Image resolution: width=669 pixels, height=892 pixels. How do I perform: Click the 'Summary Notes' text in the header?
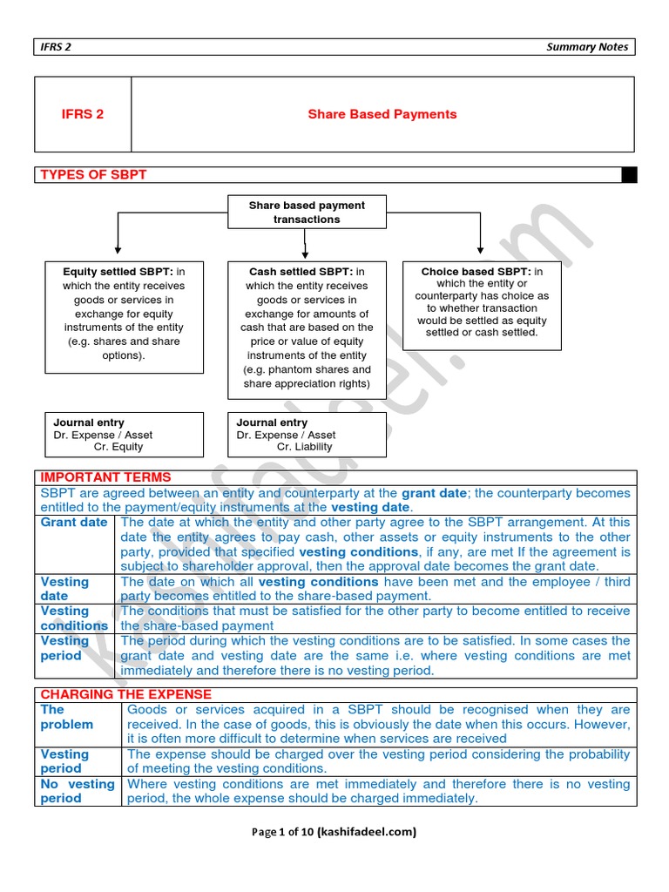pos(586,47)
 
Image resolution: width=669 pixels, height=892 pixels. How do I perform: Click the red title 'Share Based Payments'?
pos(382,114)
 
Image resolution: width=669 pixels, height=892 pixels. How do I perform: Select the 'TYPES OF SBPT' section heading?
pos(93,175)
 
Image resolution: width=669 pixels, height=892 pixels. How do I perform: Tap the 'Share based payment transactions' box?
pos(307,213)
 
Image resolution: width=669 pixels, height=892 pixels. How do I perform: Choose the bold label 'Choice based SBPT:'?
pos(476,272)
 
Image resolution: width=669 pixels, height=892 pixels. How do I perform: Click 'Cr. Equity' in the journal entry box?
pos(118,447)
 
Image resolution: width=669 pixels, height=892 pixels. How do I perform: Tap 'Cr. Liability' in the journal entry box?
pos(304,447)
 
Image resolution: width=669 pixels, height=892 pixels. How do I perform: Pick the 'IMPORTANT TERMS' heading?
pos(106,477)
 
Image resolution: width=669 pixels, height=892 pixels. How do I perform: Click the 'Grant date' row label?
pos(74,523)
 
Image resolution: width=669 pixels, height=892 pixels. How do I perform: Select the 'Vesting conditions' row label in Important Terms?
pos(74,618)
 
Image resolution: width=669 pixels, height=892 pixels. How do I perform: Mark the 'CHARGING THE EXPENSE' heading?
pos(126,694)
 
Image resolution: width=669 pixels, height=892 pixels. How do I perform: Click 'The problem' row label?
pos(67,717)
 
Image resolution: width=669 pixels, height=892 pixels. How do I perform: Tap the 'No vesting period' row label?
pos(78,791)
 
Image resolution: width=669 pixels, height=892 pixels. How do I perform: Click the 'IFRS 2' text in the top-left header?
pos(57,47)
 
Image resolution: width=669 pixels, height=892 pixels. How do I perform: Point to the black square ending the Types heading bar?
pos(629,175)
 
